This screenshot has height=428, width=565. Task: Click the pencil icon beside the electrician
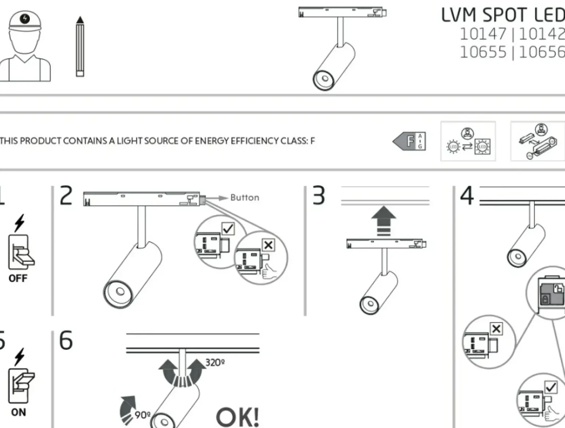80,47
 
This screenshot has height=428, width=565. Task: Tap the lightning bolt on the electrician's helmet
25,18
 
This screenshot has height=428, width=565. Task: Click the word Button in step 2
245,198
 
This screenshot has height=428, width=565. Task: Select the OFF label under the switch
18,278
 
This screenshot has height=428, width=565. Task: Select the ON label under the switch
18,412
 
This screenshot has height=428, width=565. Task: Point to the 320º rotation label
215,363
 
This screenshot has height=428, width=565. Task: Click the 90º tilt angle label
143,415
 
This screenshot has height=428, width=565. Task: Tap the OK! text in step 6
237,417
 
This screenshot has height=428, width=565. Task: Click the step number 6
66,340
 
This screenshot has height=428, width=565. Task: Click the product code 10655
483,52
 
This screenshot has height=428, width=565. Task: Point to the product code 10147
483,34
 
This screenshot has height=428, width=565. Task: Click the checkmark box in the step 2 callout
228,229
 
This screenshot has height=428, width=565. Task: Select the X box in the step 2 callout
268,245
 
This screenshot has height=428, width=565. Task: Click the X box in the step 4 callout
496,329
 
